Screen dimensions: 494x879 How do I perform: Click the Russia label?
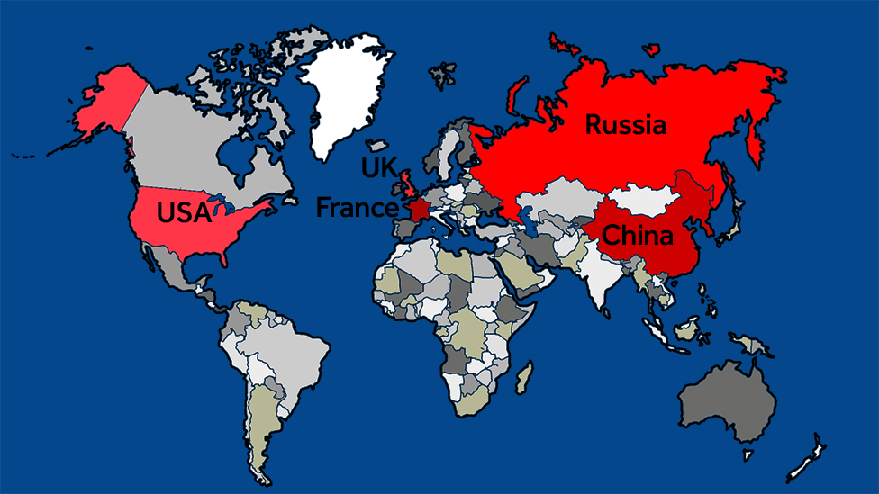(626, 124)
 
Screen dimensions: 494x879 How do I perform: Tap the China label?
(638, 237)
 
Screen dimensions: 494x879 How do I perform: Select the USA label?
(183, 213)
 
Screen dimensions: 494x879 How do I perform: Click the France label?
(357, 209)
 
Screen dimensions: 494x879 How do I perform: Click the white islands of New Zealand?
(804, 461)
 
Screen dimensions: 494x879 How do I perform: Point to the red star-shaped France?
(419, 210)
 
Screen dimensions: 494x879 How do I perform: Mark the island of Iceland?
(377, 145)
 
